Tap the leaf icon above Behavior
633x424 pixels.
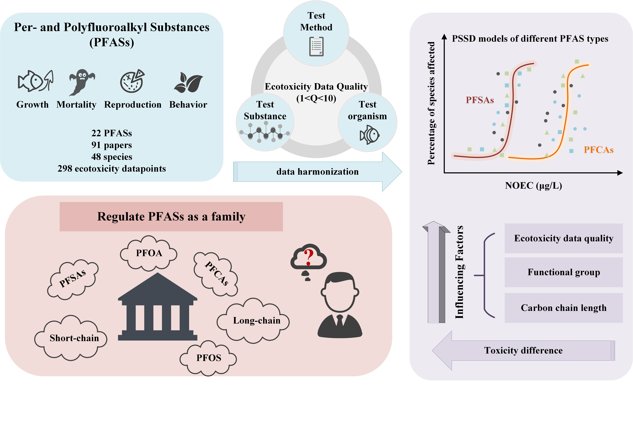point(189,82)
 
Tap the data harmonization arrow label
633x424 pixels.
point(317,172)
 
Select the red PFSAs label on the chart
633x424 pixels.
point(480,100)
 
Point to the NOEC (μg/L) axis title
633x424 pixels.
point(533,186)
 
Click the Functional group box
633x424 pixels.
point(564,272)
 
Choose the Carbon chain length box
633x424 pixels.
point(564,308)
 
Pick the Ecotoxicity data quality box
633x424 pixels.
point(564,238)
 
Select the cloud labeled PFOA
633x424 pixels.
point(149,253)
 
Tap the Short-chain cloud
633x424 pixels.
point(74,338)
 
